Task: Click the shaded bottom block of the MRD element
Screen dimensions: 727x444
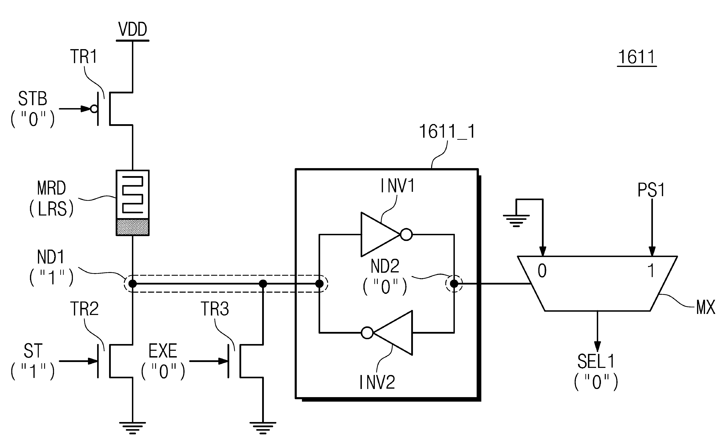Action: coord(132,227)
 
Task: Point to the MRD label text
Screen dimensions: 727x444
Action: coord(51,188)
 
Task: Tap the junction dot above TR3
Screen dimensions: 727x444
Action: coord(263,284)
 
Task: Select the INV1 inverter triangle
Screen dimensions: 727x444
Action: coord(381,234)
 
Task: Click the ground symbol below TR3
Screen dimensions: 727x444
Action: coord(263,428)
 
